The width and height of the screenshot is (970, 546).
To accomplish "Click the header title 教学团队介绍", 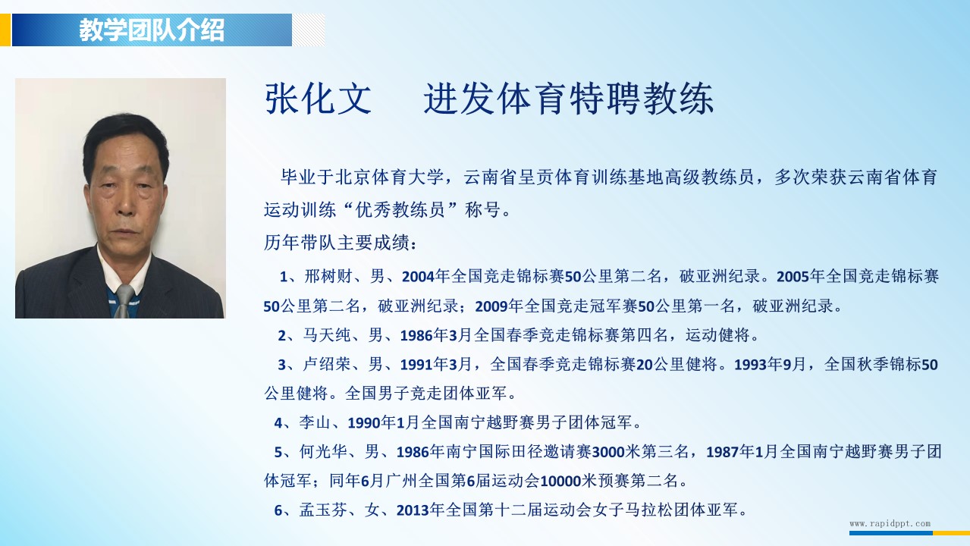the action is coord(152,30).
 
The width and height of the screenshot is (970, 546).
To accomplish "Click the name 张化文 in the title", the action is coord(319,99).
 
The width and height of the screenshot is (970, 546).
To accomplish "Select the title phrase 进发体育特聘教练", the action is coord(569,99).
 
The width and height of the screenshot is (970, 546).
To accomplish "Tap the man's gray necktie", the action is coord(124,301).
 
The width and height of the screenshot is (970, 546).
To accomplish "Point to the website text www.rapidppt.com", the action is coord(890,523).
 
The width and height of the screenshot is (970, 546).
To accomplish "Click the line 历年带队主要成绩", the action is coord(341,243).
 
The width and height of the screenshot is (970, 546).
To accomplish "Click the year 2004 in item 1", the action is coord(418,277).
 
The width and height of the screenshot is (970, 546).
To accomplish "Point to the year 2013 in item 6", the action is coord(413,510).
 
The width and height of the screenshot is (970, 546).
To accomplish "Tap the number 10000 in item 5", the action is coord(560,481).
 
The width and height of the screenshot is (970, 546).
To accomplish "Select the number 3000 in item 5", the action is coord(608,452).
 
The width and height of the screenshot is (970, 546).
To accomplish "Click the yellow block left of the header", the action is coord(5,30).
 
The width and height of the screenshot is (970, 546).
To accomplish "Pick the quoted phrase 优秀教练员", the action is coord(400,210).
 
